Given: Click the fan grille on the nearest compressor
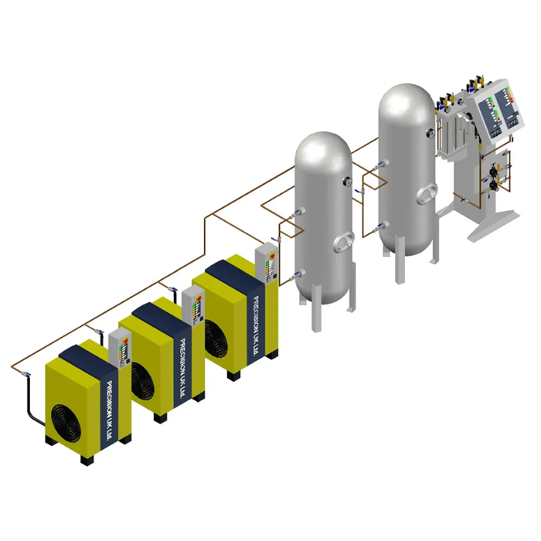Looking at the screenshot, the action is tap(66, 424).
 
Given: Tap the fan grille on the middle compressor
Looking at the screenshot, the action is tap(142, 381).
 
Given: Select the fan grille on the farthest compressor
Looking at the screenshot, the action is tap(216, 339).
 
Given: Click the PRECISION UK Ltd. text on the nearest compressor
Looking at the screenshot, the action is tap(110, 410).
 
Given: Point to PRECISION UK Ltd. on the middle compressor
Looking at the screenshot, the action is tap(183, 368).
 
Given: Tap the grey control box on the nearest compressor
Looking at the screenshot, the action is tap(120, 349).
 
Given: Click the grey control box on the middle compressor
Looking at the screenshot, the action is tap(193, 306).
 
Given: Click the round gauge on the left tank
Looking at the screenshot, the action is tap(348, 182).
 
